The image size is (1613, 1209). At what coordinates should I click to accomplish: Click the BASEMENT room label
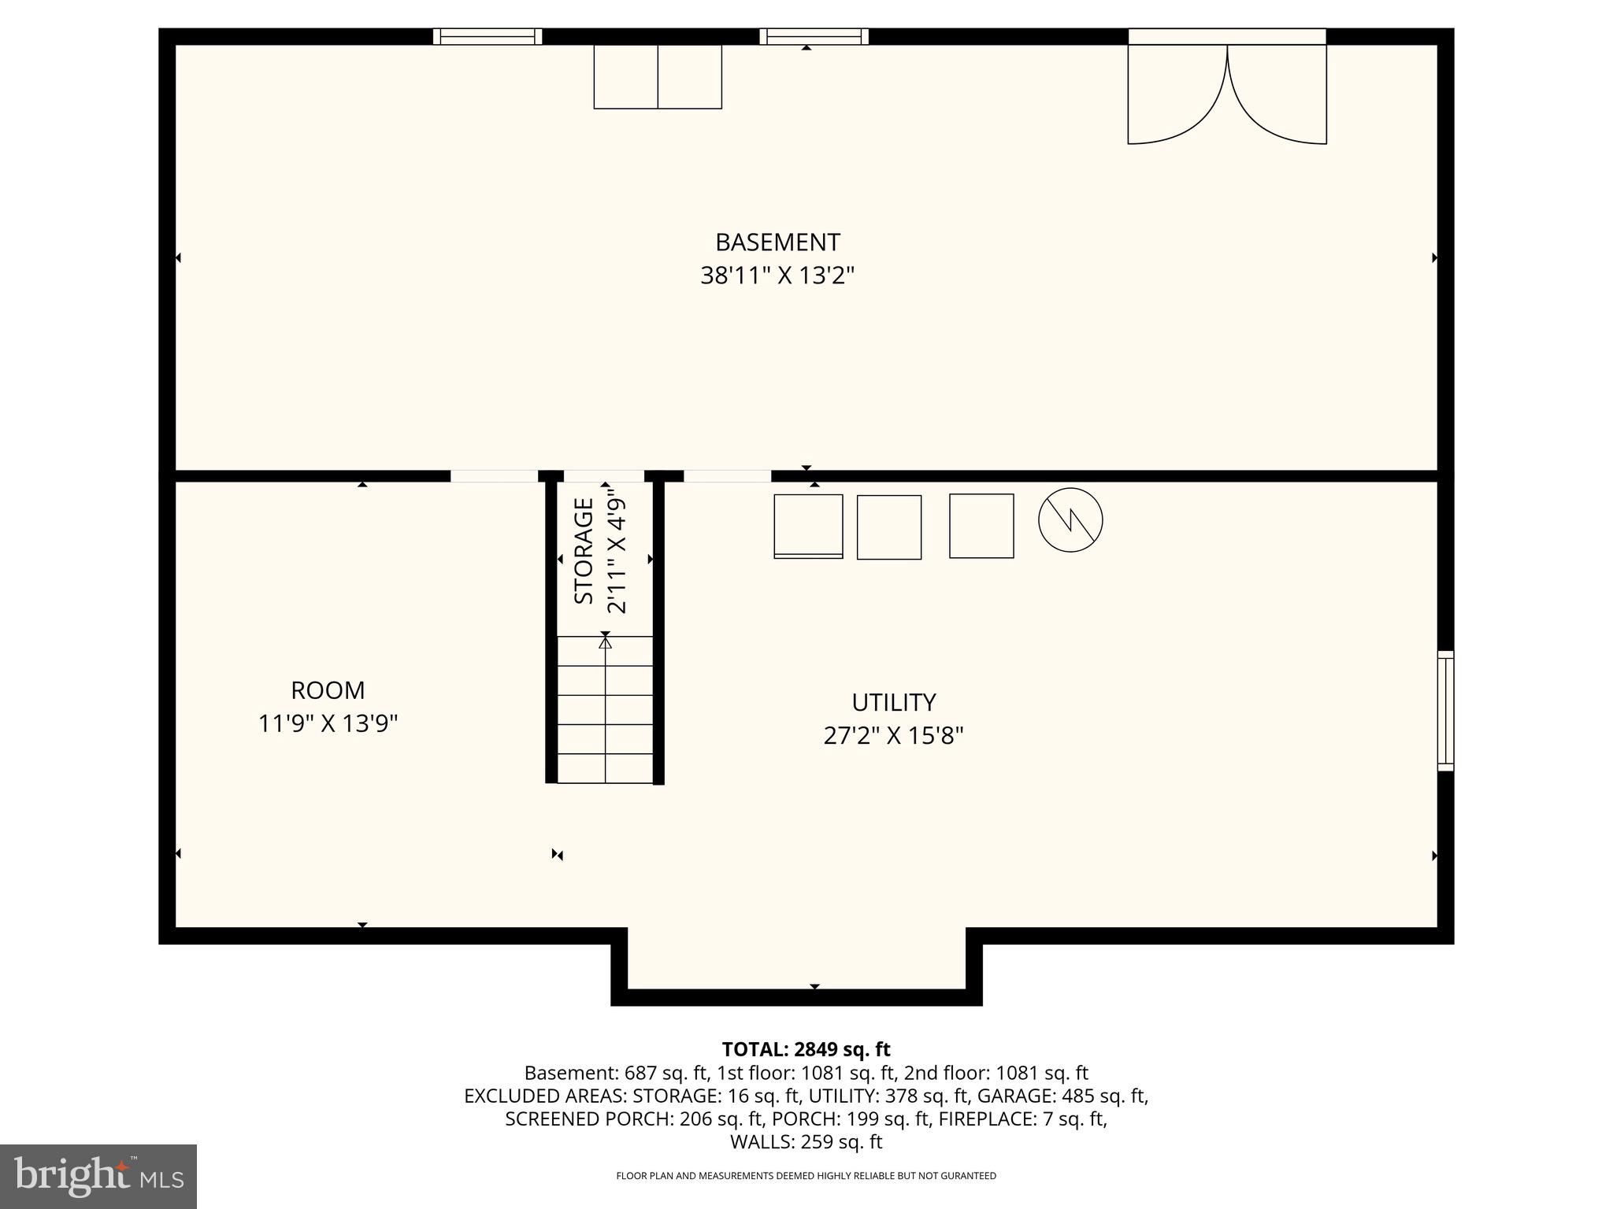coord(777,242)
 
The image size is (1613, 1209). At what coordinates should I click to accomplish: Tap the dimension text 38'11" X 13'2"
coord(777,276)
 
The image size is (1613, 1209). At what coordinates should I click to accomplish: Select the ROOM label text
coord(328,690)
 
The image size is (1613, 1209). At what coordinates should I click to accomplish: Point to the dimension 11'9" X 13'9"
coord(328,723)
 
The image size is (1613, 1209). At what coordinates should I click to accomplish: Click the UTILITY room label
coord(893,702)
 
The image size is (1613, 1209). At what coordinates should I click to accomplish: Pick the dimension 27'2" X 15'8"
coord(893,736)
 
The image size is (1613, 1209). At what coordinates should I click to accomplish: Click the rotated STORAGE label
coord(584,551)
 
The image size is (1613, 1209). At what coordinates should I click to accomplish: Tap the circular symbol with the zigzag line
coord(1070,520)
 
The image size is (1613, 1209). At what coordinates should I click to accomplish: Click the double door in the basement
coord(1227,91)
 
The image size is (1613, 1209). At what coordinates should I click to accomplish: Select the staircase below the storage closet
coord(605,709)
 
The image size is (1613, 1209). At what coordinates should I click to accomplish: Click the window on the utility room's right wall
coord(1445,710)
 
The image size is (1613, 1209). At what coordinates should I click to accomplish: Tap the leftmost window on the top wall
coord(488,36)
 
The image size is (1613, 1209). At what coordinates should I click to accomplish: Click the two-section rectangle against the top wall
coord(658,76)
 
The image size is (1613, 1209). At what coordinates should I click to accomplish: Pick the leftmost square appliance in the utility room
coord(808,526)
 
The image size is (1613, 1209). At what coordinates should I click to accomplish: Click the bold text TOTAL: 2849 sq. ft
coord(806,1049)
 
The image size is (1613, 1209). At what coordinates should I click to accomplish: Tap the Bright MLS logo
coord(98,1176)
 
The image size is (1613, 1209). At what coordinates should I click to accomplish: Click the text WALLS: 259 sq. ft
coord(806,1142)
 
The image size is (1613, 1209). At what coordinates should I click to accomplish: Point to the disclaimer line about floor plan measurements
coord(806,1176)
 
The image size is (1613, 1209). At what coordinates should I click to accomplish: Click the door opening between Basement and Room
coord(494,476)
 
